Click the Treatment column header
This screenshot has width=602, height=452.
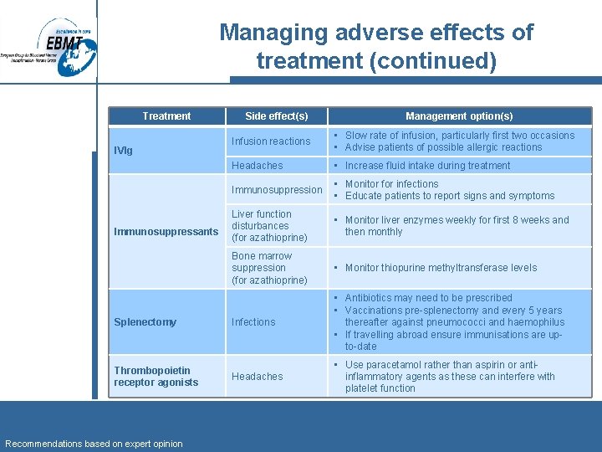tap(166, 116)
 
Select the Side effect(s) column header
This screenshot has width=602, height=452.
tap(276, 116)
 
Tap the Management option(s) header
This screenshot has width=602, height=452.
tap(459, 116)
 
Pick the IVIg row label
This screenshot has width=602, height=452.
tap(123, 151)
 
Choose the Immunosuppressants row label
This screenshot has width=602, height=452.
tap(166, 231)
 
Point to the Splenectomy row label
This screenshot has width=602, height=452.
tap(145, 322)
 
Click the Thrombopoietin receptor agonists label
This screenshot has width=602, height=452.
tap(156, 377)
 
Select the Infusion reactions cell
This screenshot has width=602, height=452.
tap(271, 141)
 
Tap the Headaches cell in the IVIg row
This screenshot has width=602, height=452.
tap(258, 166)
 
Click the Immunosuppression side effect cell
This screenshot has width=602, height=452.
tap(277, 190)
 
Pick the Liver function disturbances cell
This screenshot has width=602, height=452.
tap(269, 226)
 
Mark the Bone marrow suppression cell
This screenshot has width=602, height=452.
tap(269, 268)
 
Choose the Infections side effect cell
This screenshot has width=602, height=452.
tap(253, 322)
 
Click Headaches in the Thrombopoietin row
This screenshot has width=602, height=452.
tap(258, 377)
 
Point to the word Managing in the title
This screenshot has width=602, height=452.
tap(273, 33)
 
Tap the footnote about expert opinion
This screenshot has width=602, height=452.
tap(94, 444)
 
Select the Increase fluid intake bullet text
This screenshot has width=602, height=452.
tap(427, 166)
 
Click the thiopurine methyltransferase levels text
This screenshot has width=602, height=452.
tap(441, 268)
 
